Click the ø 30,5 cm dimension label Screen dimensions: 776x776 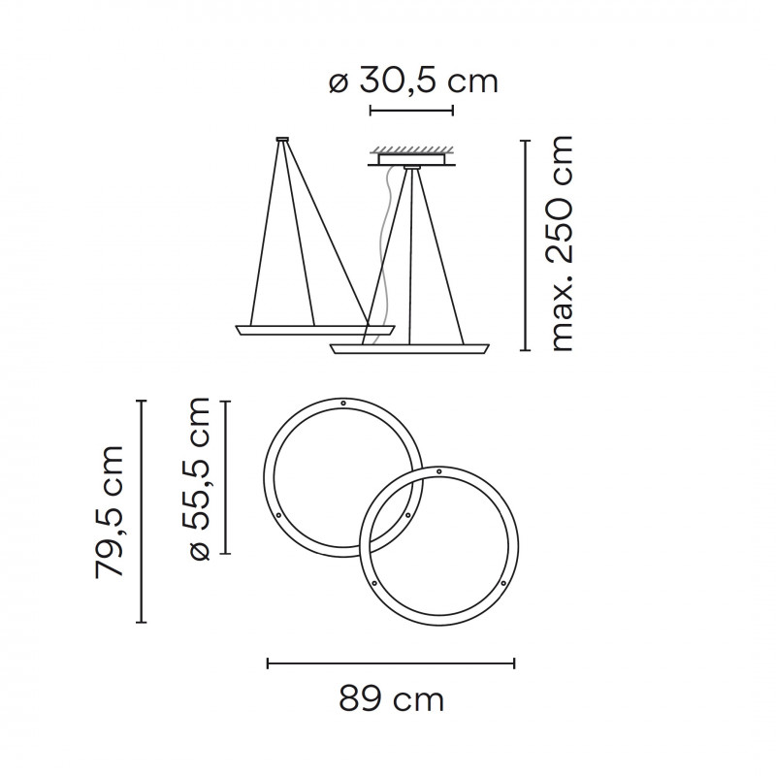click(413, 81)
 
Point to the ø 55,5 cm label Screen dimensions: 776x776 click(199, 477)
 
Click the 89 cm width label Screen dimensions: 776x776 click(391, 698)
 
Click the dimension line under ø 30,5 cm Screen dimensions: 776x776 click(411, 112)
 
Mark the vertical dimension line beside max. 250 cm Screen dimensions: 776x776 click(525, 244)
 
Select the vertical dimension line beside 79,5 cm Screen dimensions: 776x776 click(143, 511)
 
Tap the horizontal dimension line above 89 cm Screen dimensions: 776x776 click(391, 663)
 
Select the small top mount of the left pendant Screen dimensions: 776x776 click(281, 140)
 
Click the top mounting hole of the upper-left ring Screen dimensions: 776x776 click(343, 403)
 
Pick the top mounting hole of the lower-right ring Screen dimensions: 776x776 click(438, 471)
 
